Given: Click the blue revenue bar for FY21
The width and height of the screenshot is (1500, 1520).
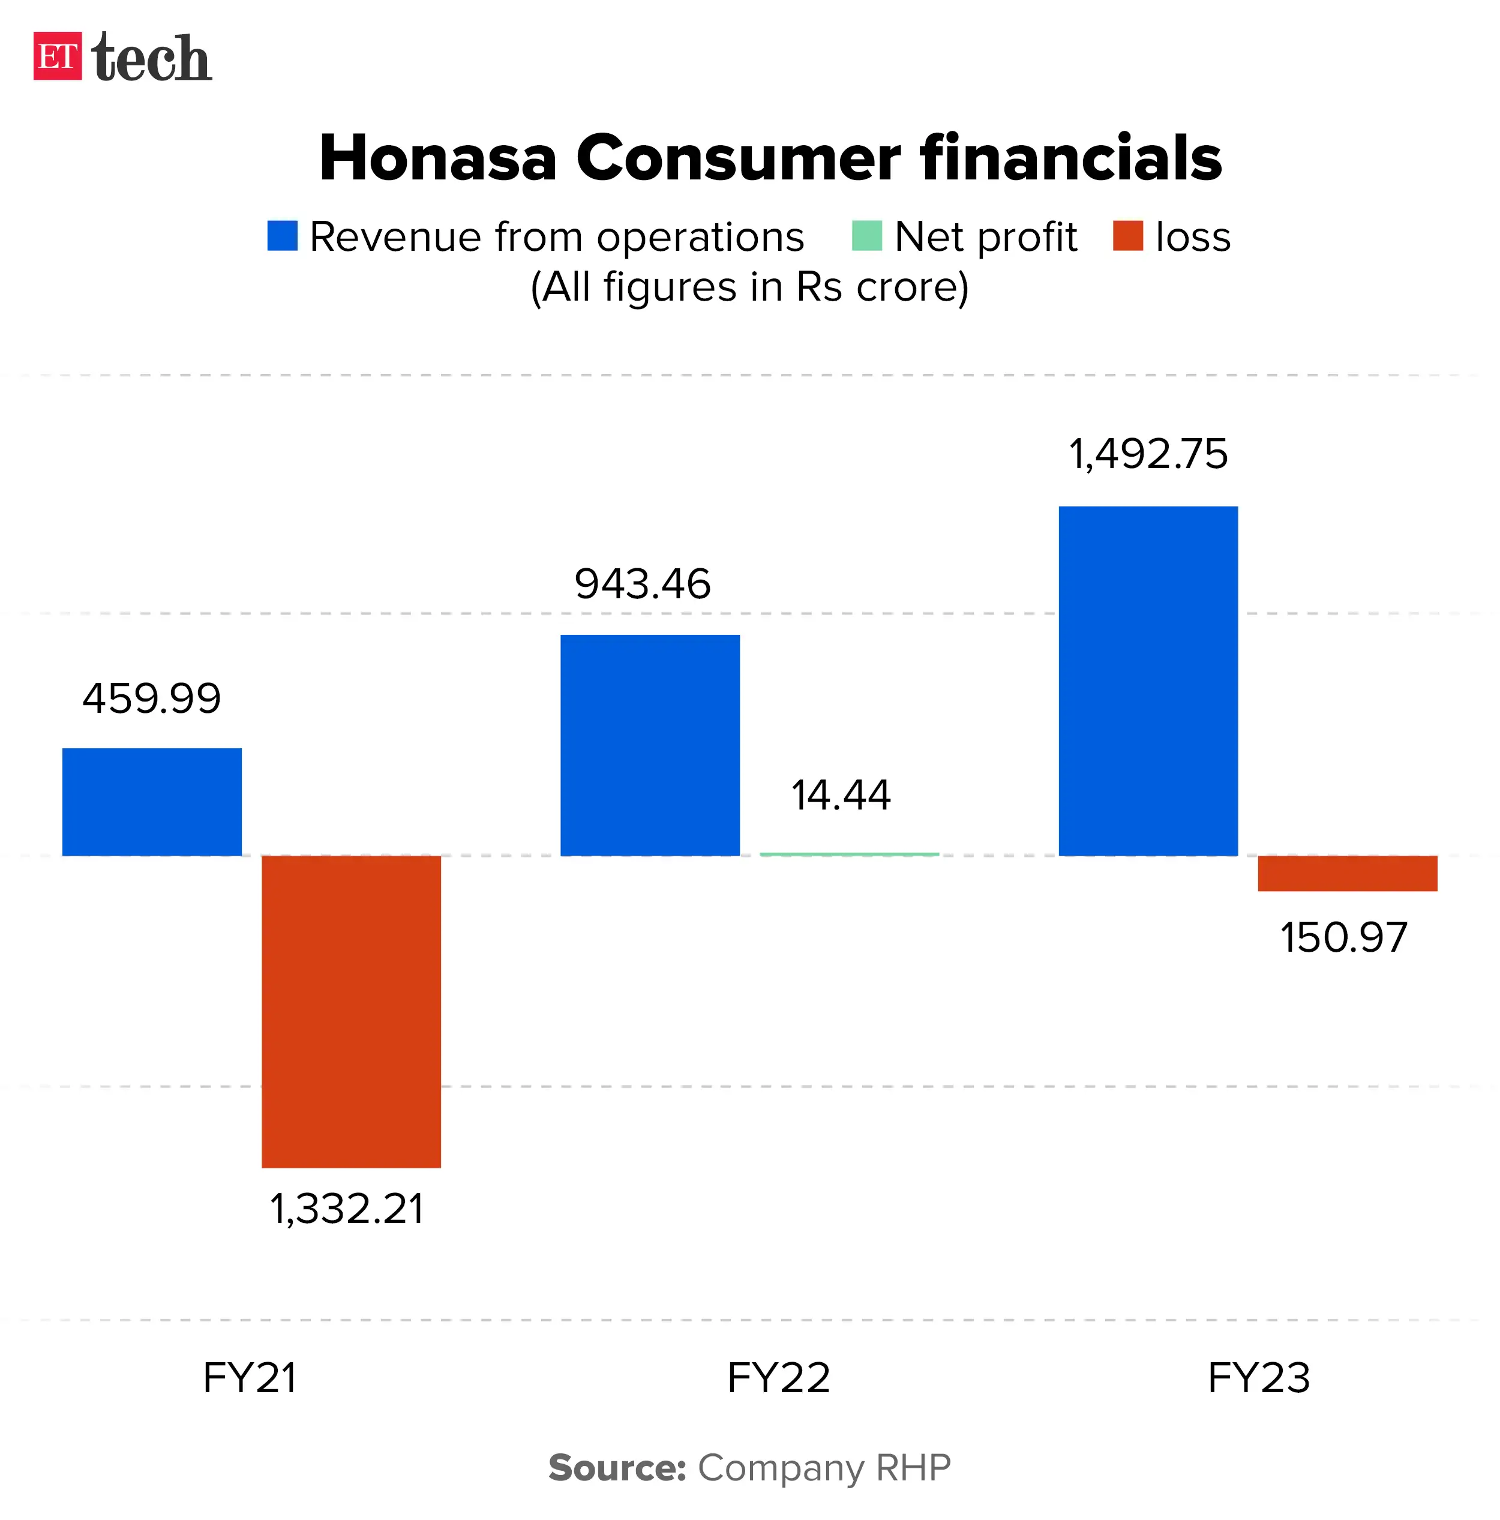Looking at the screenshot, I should [152, 801].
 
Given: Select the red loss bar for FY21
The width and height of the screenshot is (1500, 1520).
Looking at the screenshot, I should [351, 1011].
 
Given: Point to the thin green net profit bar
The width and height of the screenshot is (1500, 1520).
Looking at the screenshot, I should [849, 854].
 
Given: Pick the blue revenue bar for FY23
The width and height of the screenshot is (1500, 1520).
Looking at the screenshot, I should [1148, 680].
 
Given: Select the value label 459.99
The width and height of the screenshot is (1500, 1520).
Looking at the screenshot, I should [152, 698].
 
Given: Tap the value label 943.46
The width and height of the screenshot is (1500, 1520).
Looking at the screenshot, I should [643, 584].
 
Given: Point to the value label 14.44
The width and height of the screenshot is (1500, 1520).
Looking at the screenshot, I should [840, 795].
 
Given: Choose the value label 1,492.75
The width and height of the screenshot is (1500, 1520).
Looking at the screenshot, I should [1148, 454].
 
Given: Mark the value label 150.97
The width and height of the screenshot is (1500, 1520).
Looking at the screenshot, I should [1343, 937].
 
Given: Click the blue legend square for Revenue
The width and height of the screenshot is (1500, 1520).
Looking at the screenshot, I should [283, 236].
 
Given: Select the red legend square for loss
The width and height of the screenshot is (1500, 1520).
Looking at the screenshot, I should [1127, 236].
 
